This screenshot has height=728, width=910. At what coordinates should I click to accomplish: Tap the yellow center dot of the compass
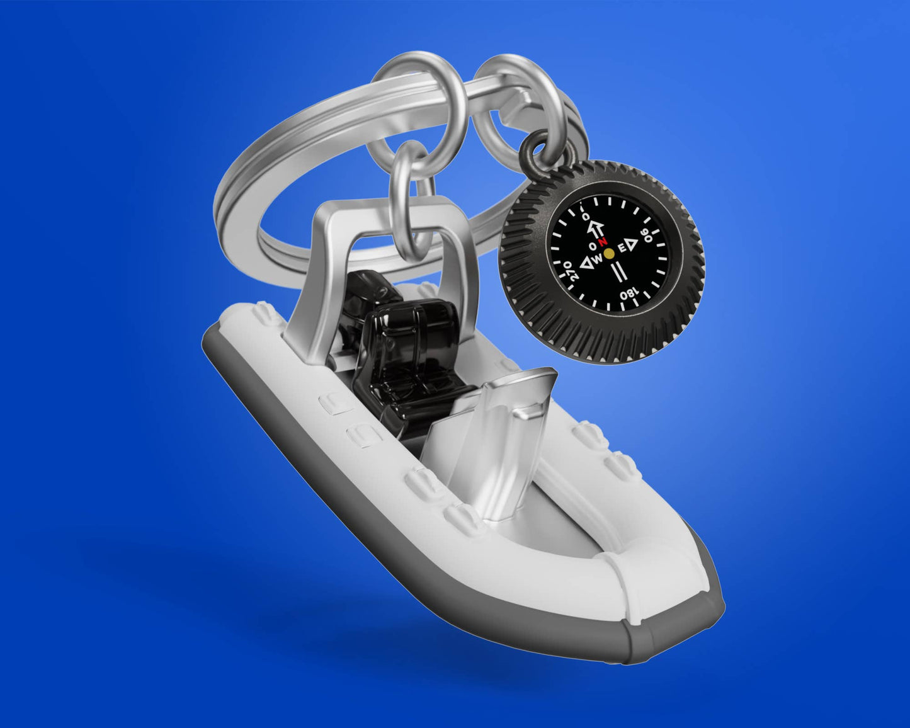[608, 254]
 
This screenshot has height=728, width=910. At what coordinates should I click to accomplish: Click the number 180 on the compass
[628, 293]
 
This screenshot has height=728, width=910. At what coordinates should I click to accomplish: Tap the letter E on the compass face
[621, 249]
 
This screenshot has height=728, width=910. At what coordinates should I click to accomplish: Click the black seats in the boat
[409, 353]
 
